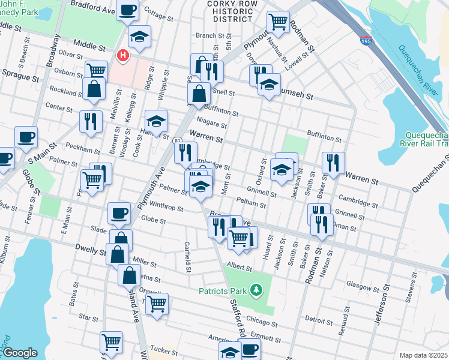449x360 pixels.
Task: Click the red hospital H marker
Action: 123,56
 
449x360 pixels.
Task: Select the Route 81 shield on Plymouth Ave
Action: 178,140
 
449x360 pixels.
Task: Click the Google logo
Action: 20,352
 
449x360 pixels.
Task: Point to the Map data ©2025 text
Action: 423,355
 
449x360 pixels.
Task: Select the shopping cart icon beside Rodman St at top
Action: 279,21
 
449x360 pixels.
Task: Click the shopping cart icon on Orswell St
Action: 157,303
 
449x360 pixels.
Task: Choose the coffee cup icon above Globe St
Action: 119,212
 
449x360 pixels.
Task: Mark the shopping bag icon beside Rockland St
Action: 94,89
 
